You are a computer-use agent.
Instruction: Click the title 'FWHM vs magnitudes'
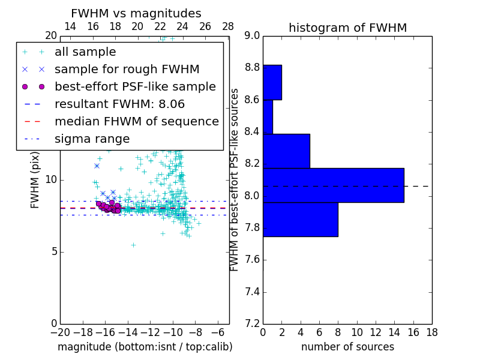pyautogui.click(x=136, y=13)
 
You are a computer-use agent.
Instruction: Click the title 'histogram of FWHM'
pyautogui.click(x=347, y=28)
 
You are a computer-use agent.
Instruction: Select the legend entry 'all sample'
pyautogui.click(x=85, y=52)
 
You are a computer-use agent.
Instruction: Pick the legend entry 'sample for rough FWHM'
pyautogui.click(x=127, y=69)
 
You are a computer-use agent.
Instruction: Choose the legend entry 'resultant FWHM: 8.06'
pyautogui.click(x=122, y=104)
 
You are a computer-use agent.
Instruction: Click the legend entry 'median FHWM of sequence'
pyautogui.click(x=136, y=121)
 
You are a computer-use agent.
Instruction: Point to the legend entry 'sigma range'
pyautogui.click(x=92, y=139)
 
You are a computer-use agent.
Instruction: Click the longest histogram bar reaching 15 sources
pyautogui.click(x=333, y=185)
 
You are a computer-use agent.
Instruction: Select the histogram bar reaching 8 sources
pyautogui.click(x=300, y=219)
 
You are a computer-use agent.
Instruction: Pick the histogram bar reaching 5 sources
pyautogui.click(x=286, y=151)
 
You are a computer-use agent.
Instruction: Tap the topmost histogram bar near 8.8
pyautogui.click(x=272, y=82)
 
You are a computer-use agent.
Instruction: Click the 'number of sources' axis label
pyautogui.click(x=347, y=347)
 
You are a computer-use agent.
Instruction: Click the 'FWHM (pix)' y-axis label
pyautogui.click(x=35, y=180)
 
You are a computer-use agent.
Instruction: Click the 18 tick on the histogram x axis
pyautogui.click(x=431, y=332)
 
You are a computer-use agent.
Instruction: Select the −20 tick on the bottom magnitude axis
pyautogui.click(x=60, y=332)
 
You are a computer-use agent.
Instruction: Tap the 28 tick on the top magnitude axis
pyautogui.click(x=228, y=26)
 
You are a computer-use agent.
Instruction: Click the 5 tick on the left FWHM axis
pyautogui.click(x=53, y=251)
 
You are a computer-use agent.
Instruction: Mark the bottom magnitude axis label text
pyautogui.click(x=145, y=347)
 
